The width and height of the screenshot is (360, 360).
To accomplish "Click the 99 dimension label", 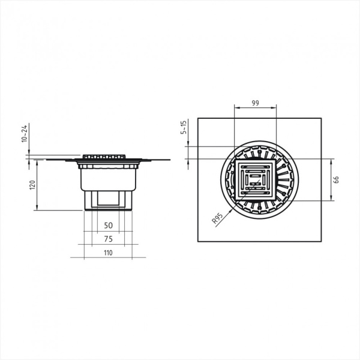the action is (256, 103).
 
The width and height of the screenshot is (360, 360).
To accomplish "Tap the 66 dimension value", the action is (336, 179).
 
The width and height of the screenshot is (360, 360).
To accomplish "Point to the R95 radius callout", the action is (217, 218).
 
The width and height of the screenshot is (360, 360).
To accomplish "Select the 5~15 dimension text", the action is (184, 127).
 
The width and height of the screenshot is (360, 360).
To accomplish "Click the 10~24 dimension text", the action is (25, 133).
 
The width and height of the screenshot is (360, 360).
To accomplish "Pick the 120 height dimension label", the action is (32, 185).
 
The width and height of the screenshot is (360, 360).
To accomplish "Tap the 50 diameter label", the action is (109, 226).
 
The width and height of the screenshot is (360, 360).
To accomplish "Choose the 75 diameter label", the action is (109, 239).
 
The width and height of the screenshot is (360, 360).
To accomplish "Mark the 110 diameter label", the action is (108, 253).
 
